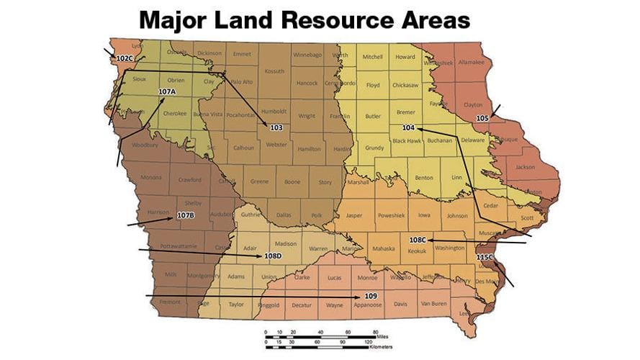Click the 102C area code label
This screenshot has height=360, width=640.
tap(124, 58)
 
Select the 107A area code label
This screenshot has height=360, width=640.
tap(167, 91)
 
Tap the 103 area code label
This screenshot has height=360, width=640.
tap(276, 127)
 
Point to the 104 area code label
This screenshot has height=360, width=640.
tap(409, 127)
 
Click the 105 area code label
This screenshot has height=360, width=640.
tap(482, 117)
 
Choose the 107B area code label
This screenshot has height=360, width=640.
tap(186, 215)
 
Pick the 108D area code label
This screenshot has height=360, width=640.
tap(273, 256)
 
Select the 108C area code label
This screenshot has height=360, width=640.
tap(418, 240)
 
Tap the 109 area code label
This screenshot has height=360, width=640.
tap(371, 296)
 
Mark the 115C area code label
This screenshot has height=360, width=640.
tap(484, 257)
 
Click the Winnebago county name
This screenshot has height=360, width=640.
tap(307, 54)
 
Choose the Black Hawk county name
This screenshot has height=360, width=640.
tap(407, 141)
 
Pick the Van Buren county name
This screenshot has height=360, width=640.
tap(434, 304)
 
